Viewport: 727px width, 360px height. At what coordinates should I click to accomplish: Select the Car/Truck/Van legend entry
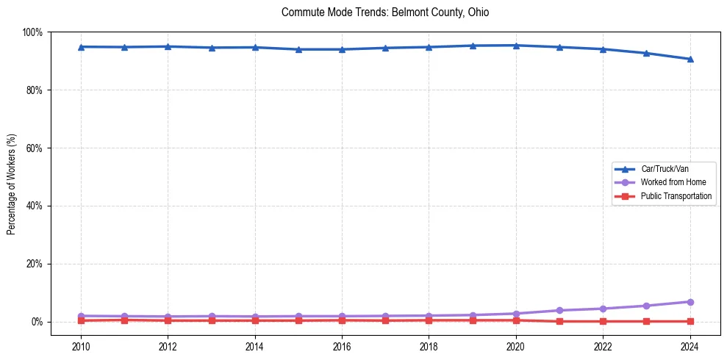coord(664,169)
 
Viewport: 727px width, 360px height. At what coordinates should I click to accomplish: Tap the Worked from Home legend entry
coord(673,182)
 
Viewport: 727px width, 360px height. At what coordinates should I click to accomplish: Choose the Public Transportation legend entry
coord(676,196)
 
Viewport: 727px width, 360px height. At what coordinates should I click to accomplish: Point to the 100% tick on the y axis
coord(32,32)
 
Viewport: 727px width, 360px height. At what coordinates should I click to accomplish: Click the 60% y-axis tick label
coord(34,148)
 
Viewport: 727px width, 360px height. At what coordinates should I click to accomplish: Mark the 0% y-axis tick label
coord(36,322)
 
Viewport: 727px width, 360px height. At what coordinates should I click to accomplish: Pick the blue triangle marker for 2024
coord(690,60)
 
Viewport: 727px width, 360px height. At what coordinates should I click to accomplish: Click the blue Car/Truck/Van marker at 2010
coord(81,47)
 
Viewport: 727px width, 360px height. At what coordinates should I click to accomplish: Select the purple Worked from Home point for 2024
coord(690,302)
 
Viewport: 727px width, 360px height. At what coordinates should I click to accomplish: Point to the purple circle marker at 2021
coord(559,310)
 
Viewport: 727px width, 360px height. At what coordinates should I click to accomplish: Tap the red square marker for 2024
coord(690,321)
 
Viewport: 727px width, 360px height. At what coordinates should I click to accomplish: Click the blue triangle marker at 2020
coord(516,46)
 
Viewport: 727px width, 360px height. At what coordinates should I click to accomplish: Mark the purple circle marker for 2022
coord(603,309)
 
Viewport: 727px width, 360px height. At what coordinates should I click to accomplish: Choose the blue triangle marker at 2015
coord(298,49)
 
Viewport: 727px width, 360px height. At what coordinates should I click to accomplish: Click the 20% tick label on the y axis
coord(34,264)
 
